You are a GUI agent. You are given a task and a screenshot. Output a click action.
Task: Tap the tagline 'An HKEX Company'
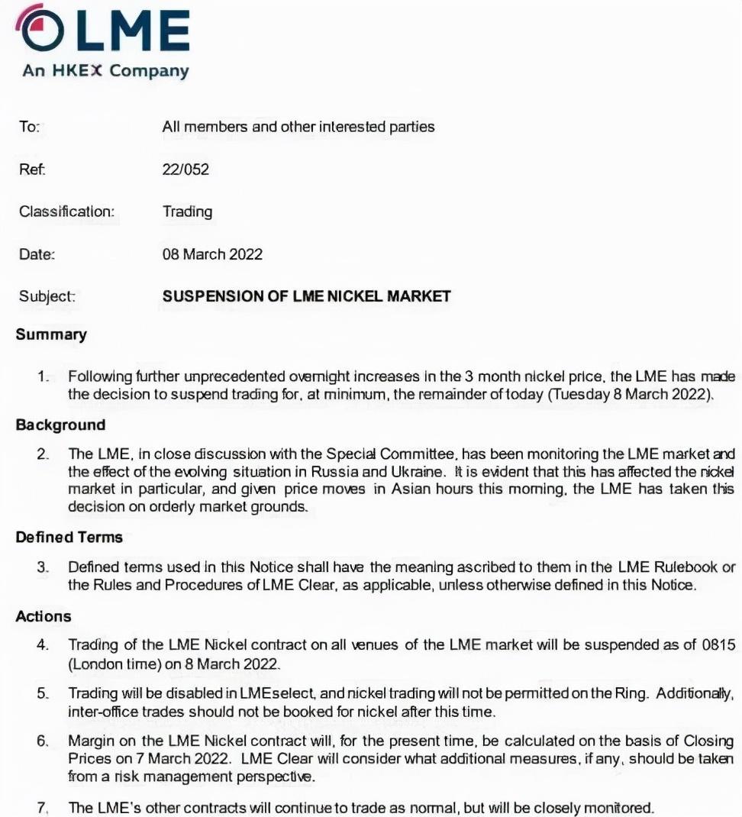tap(105, 71)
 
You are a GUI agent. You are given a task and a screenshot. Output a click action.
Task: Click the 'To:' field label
tap(29, 128)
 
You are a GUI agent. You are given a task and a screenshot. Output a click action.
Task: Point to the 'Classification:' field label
tap(66, 212)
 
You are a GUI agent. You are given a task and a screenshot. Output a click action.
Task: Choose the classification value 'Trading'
tap(187, 212)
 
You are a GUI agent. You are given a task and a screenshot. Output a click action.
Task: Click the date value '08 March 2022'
tap(212, 254)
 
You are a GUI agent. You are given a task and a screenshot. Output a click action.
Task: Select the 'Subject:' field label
tap(47, 296)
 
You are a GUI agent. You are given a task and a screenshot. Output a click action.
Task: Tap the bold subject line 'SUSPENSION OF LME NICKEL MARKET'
tap(306, 296)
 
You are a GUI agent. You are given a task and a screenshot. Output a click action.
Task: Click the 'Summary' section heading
tap(51, 334)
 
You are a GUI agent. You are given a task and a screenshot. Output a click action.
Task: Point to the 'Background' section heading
tap(60, 425)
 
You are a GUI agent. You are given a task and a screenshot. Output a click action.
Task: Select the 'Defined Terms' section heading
tap(69, 537)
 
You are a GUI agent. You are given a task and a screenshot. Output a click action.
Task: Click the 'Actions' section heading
tap(44, 616)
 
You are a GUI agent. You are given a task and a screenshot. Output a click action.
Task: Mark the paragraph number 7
tap(43, 808)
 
